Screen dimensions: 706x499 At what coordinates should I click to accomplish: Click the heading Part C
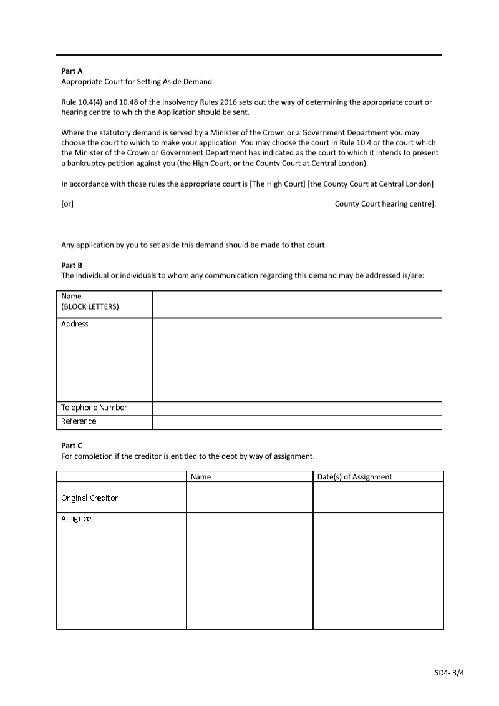(72, 446)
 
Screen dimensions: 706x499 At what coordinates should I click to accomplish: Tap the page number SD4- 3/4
(450, 673)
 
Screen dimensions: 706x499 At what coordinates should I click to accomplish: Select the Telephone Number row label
(94, 408)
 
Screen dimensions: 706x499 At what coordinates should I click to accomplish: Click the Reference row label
(79, 421)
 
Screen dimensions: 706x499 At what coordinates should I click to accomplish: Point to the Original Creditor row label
(89, 498)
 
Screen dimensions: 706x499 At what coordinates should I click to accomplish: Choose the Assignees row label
(78, 519)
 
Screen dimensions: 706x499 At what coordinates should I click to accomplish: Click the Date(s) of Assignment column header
(354, 477)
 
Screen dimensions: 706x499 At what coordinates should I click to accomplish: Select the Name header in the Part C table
(201, 477)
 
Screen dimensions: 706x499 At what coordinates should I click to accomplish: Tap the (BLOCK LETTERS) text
(90, 307)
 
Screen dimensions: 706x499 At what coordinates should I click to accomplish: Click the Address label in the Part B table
(75, 324)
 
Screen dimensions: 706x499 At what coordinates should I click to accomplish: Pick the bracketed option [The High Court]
(278, 184)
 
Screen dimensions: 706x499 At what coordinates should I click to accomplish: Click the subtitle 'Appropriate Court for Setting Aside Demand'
(137, 82)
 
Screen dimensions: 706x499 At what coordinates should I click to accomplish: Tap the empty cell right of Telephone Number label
(222, 408)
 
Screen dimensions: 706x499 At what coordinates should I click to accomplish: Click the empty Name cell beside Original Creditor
(249, 498)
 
